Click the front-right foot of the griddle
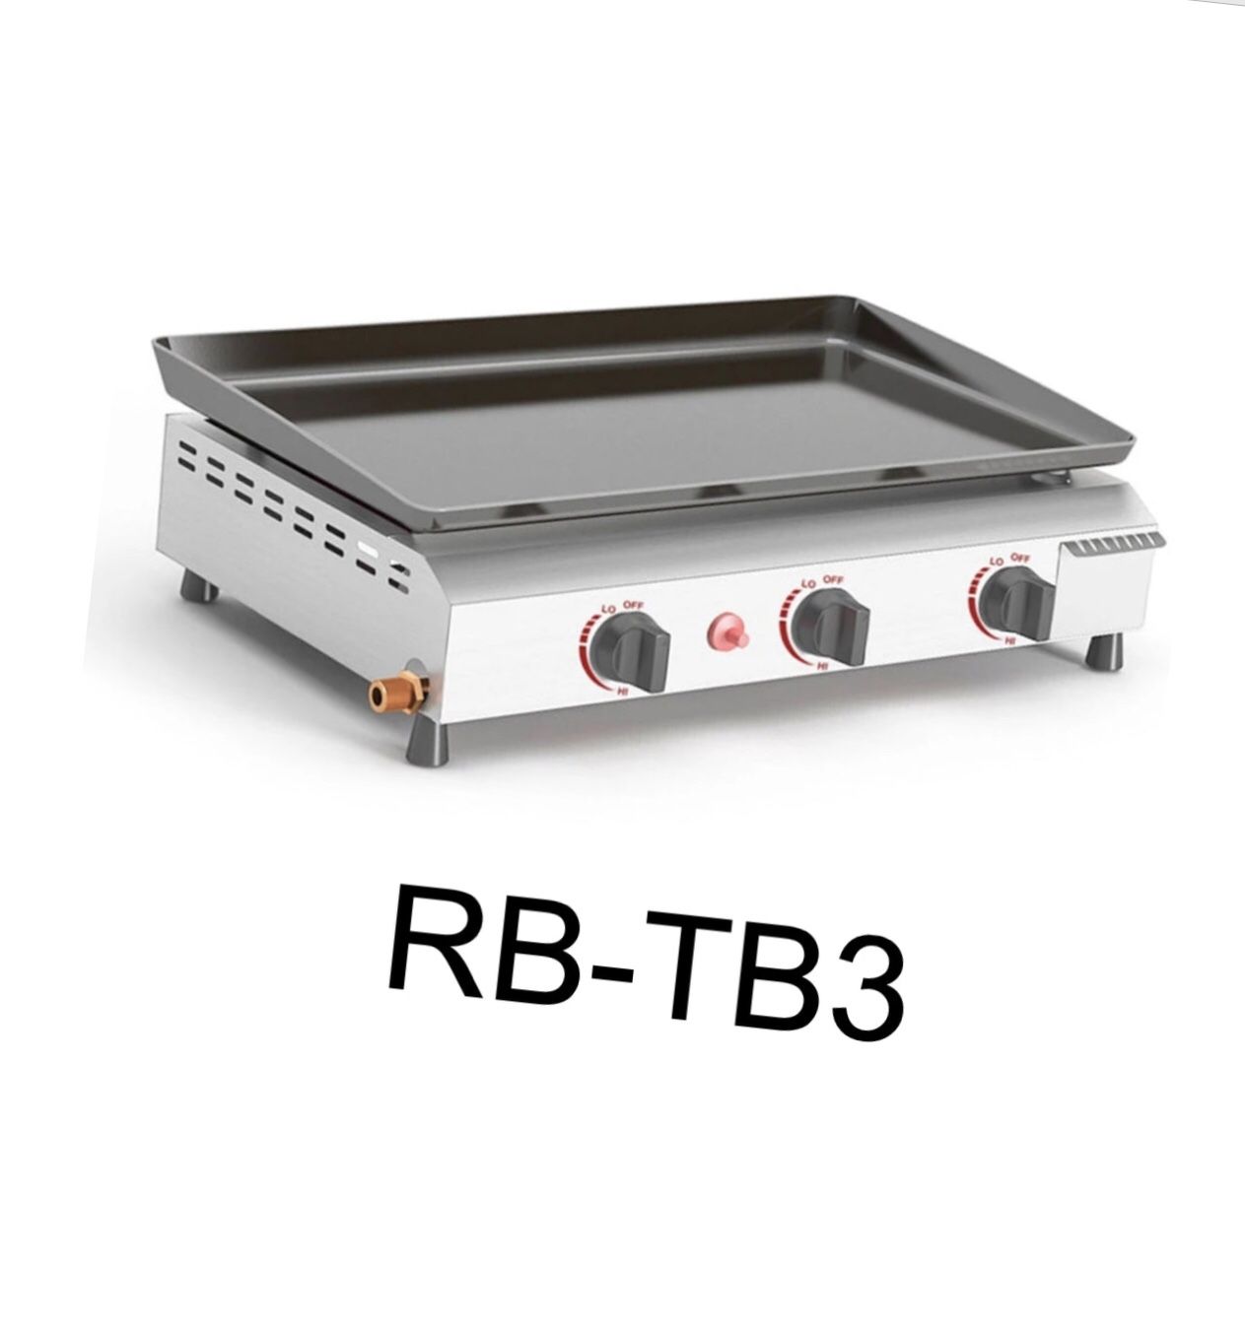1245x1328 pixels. pyautogui.click(x=1104, y=652)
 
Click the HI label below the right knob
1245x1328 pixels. pyautogui.click(x=1009, y=641)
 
